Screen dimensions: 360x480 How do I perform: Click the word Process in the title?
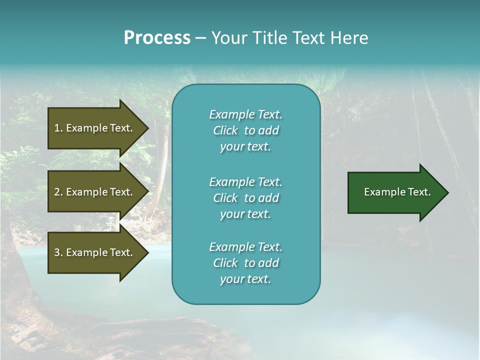coord(156,38)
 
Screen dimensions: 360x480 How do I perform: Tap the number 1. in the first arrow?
coord(58,128)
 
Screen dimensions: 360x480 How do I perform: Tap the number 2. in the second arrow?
coord(58,192)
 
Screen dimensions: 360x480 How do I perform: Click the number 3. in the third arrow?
coord(58,252)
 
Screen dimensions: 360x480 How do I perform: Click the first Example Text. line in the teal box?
coord(245,114)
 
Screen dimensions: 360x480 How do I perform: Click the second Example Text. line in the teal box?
coord(245,181)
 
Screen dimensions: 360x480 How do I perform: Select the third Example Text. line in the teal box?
coord(245,247)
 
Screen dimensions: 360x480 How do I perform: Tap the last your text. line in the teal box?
coord(245,279)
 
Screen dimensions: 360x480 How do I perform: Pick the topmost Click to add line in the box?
coord(245,130)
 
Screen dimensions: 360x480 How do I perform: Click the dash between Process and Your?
coord(200,38)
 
